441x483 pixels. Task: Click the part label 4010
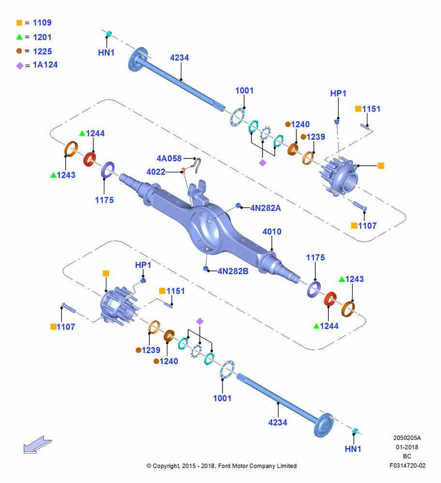[x=272, y=231]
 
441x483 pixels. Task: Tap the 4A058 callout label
[x=169, y=158]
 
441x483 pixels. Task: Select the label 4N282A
[x=265, y=208]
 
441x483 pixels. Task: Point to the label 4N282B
[x=233, y=271]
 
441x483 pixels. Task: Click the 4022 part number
[x=156, y=171]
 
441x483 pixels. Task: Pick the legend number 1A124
[x=45, y=65]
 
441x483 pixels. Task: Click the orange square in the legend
[x=19, y=23]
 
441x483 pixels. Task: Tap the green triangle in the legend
[x=19, y=37]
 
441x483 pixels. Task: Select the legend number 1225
[x=42, y=52]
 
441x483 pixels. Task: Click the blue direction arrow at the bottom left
[x=37, y=445]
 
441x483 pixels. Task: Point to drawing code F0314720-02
[x=407, y=466]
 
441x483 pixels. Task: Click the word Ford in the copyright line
[x=224, y=466]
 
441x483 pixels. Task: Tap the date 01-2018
[x=407, y=447]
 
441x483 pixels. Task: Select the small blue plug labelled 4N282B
[x=206, y=269]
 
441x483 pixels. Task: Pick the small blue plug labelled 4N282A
[x=238, y=205]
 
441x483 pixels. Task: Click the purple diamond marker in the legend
[x=20, y=66]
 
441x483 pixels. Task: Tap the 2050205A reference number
[x=407, y=438]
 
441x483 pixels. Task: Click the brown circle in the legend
[x=19, y=51]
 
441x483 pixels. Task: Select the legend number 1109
[x=42, y=23]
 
